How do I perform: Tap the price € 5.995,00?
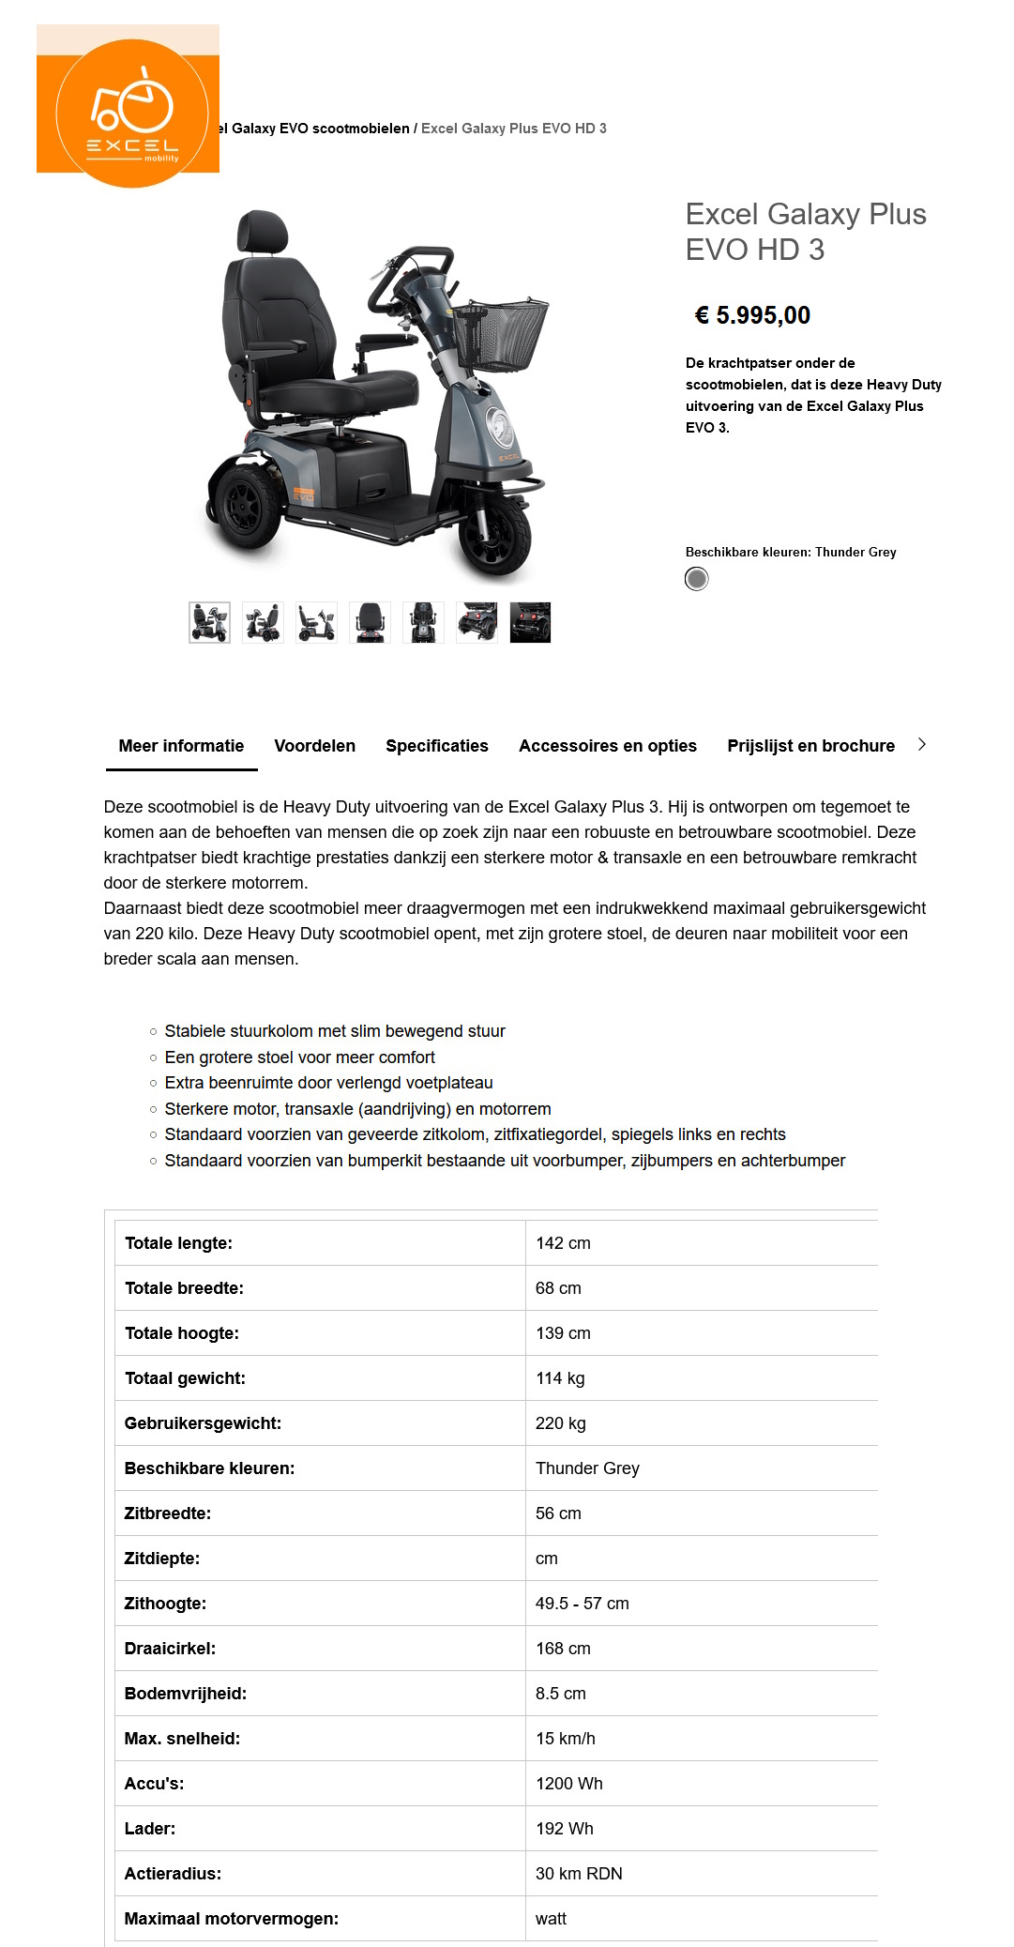(x=752, y=315)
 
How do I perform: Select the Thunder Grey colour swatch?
(x=696, y=579)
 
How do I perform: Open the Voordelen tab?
(x=314, y=746)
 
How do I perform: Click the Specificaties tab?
(x=436, y=746)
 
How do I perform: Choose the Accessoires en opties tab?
(x=607, y=746)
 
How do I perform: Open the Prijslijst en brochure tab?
(x=810, y=746)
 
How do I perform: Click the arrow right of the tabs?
(x=922, y=744)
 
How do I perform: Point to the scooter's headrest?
(x=262, y=232)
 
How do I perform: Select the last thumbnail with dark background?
(x=530, y=622)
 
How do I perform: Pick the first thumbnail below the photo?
(x=209, y=622)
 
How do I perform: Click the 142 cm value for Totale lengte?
(x=563, y=1243)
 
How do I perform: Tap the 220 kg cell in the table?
(x=560, y=1423)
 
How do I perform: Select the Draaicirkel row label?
(x=170, y=1649)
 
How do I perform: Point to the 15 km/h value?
(x=565, y=1739)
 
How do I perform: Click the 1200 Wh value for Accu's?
(x=568, y=1784)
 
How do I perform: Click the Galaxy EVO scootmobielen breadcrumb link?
(x=319, y=129)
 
